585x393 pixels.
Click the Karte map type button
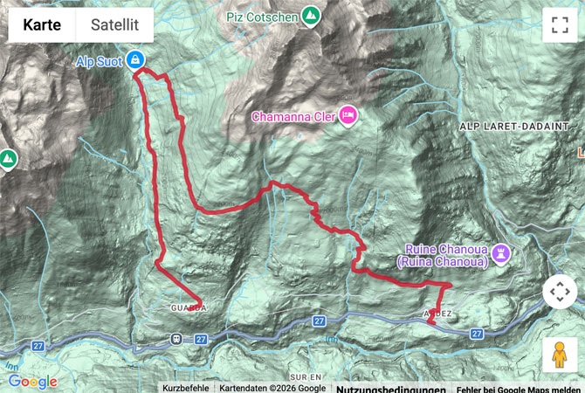click(x=42, y=25)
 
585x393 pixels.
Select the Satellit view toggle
click(x=114, y=25)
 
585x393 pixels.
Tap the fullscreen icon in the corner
click(x=560, y=25)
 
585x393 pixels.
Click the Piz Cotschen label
click(x=261, y=16)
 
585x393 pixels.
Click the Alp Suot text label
click(x=96, y=60)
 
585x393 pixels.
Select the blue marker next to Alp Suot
click(x=134, y=60)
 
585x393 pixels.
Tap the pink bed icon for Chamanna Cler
click(x=348, y=115)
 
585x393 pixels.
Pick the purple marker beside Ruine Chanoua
click(x=501, y=254)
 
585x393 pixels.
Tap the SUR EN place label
click(x=309, y=374)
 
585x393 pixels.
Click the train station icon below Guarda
click(x=176, y=338)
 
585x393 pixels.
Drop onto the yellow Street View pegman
click(x=560, y=355)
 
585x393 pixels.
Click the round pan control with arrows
click(x=560, y=292)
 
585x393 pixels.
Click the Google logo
click(x=32, y=382)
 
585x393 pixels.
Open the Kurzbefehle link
click(x=185, y=388)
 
